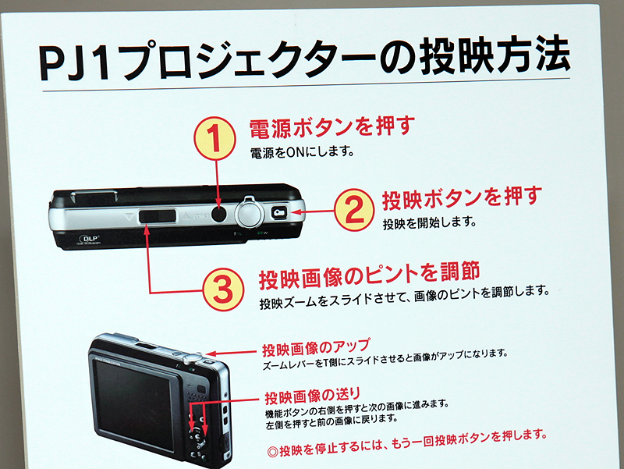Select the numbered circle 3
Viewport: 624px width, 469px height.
pyautogui.click(x=223, y=290)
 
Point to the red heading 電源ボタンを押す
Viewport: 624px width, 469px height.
pyautogui.click(x=331, y=126)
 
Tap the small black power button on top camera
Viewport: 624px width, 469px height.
pyautogui.click(x=221, y=212)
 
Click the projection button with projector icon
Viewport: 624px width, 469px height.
pyautogui.click(x=280, y=211)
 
